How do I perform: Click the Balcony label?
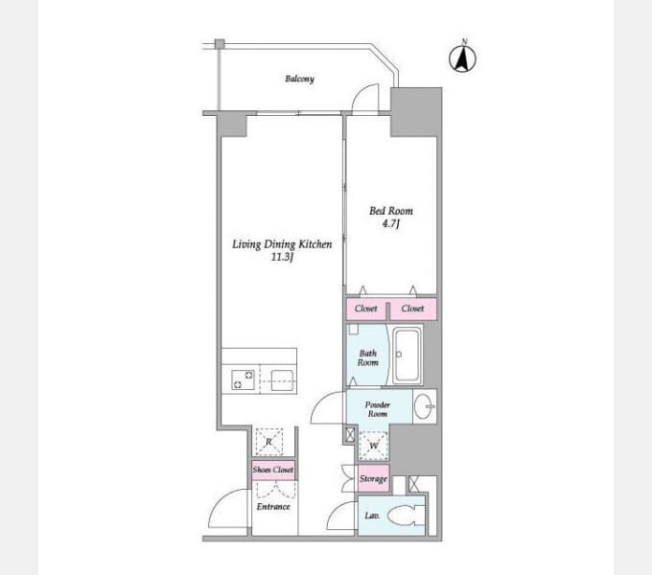[299, 79]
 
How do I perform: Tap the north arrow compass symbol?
[463, 57]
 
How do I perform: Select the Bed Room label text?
[391, 211]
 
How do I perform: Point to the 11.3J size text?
[282, 257]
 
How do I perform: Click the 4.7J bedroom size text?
[391, 224]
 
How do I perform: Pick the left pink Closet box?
[366, 309]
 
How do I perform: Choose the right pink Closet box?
[413, 309]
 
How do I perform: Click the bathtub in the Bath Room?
[407, 356]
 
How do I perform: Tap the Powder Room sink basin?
[424, 406]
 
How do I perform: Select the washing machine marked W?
[374, 446]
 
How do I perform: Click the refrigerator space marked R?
[269, 442]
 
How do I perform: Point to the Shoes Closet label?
[273, 470]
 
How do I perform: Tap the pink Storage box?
[373, 478]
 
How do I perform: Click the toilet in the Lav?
[406, 516]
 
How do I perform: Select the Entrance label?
[273, 506]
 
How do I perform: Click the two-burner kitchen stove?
[243, 379]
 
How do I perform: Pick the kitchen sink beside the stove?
[282, 380]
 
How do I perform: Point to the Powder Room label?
[378, 409]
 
